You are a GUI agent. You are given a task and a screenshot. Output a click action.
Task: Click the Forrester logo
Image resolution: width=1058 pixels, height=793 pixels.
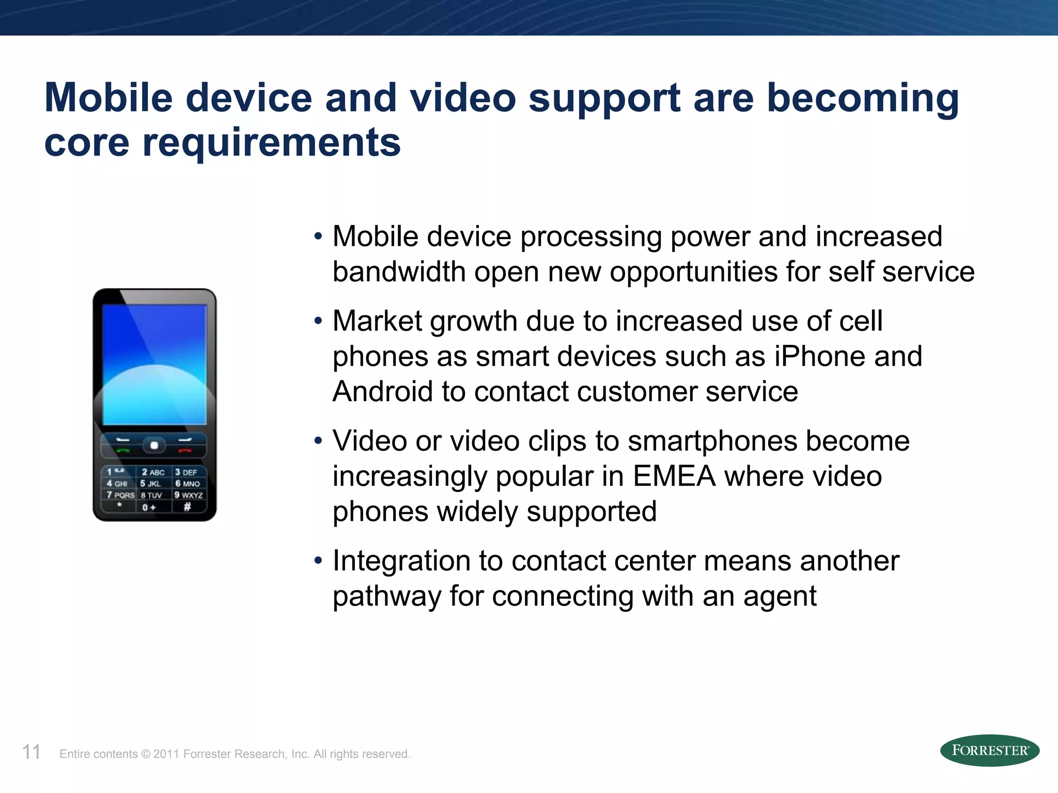click(x=989, y=750)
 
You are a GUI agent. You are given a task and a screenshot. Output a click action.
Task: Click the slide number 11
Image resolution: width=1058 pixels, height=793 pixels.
click(x=31, y=752)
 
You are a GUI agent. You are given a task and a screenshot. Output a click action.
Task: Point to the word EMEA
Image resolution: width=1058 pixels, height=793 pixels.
click(x=674, y=476)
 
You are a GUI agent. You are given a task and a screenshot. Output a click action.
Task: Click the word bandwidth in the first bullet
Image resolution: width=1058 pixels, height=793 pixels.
click(x=399, y=272)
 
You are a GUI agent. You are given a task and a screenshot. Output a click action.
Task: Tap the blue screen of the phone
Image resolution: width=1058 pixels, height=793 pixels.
click(x=154, y=364)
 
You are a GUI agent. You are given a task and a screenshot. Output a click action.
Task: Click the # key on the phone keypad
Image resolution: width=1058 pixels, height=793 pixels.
click(x=188, y=507)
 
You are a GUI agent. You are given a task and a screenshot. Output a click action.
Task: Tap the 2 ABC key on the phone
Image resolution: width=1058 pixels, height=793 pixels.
click(x=153, y=472)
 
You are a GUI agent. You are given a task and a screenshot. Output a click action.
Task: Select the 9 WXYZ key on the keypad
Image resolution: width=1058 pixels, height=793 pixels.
click(x=189, y=495)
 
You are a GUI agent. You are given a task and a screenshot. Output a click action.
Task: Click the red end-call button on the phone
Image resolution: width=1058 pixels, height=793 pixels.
click(x=184, y=450)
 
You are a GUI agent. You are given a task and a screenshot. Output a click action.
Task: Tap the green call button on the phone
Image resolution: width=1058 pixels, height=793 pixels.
click(x=123, y=450)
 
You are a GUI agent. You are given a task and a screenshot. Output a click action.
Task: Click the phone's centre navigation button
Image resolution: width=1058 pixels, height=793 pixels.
click(x=154, y=445)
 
